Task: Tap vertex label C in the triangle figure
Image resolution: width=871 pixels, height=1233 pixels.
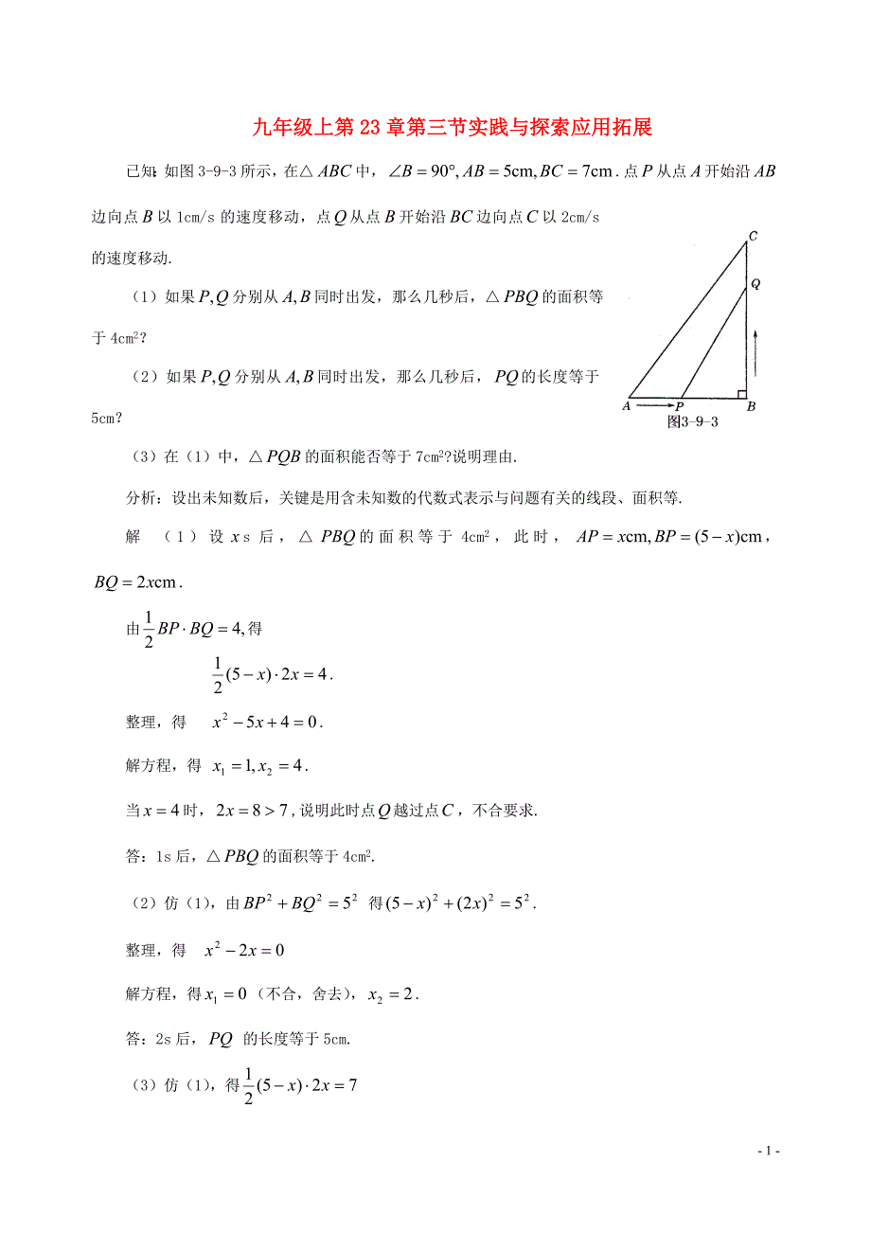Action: (x=752, y=236)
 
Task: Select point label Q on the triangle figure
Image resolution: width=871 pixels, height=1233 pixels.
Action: (x=755, y=283)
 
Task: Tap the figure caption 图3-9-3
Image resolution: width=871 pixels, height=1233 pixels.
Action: (x=693, y=421)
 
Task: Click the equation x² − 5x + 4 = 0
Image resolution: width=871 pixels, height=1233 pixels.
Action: (x=267, y=723)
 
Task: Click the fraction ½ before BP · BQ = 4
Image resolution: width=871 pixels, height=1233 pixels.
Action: (x=148, y=628)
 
